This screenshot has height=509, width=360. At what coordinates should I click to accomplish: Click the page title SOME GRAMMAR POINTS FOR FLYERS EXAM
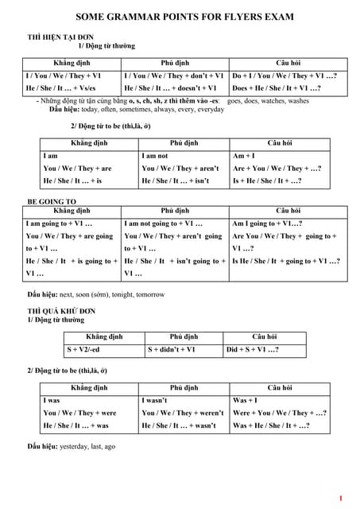184,16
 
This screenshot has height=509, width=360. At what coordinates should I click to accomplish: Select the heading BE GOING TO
52,202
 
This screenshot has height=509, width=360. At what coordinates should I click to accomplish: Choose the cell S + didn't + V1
172,349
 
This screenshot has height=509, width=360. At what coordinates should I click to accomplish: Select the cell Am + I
244,156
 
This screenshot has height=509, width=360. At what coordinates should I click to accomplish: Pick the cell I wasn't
156,400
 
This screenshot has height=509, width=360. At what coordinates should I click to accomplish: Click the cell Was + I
245,400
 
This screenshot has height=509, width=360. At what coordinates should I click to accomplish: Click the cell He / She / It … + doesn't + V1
171,87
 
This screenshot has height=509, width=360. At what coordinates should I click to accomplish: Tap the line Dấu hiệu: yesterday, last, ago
72,446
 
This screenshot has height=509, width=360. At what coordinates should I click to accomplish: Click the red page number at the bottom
340,499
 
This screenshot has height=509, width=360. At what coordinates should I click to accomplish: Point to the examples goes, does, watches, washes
268,101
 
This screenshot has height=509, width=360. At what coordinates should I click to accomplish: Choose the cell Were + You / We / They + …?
280,413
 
